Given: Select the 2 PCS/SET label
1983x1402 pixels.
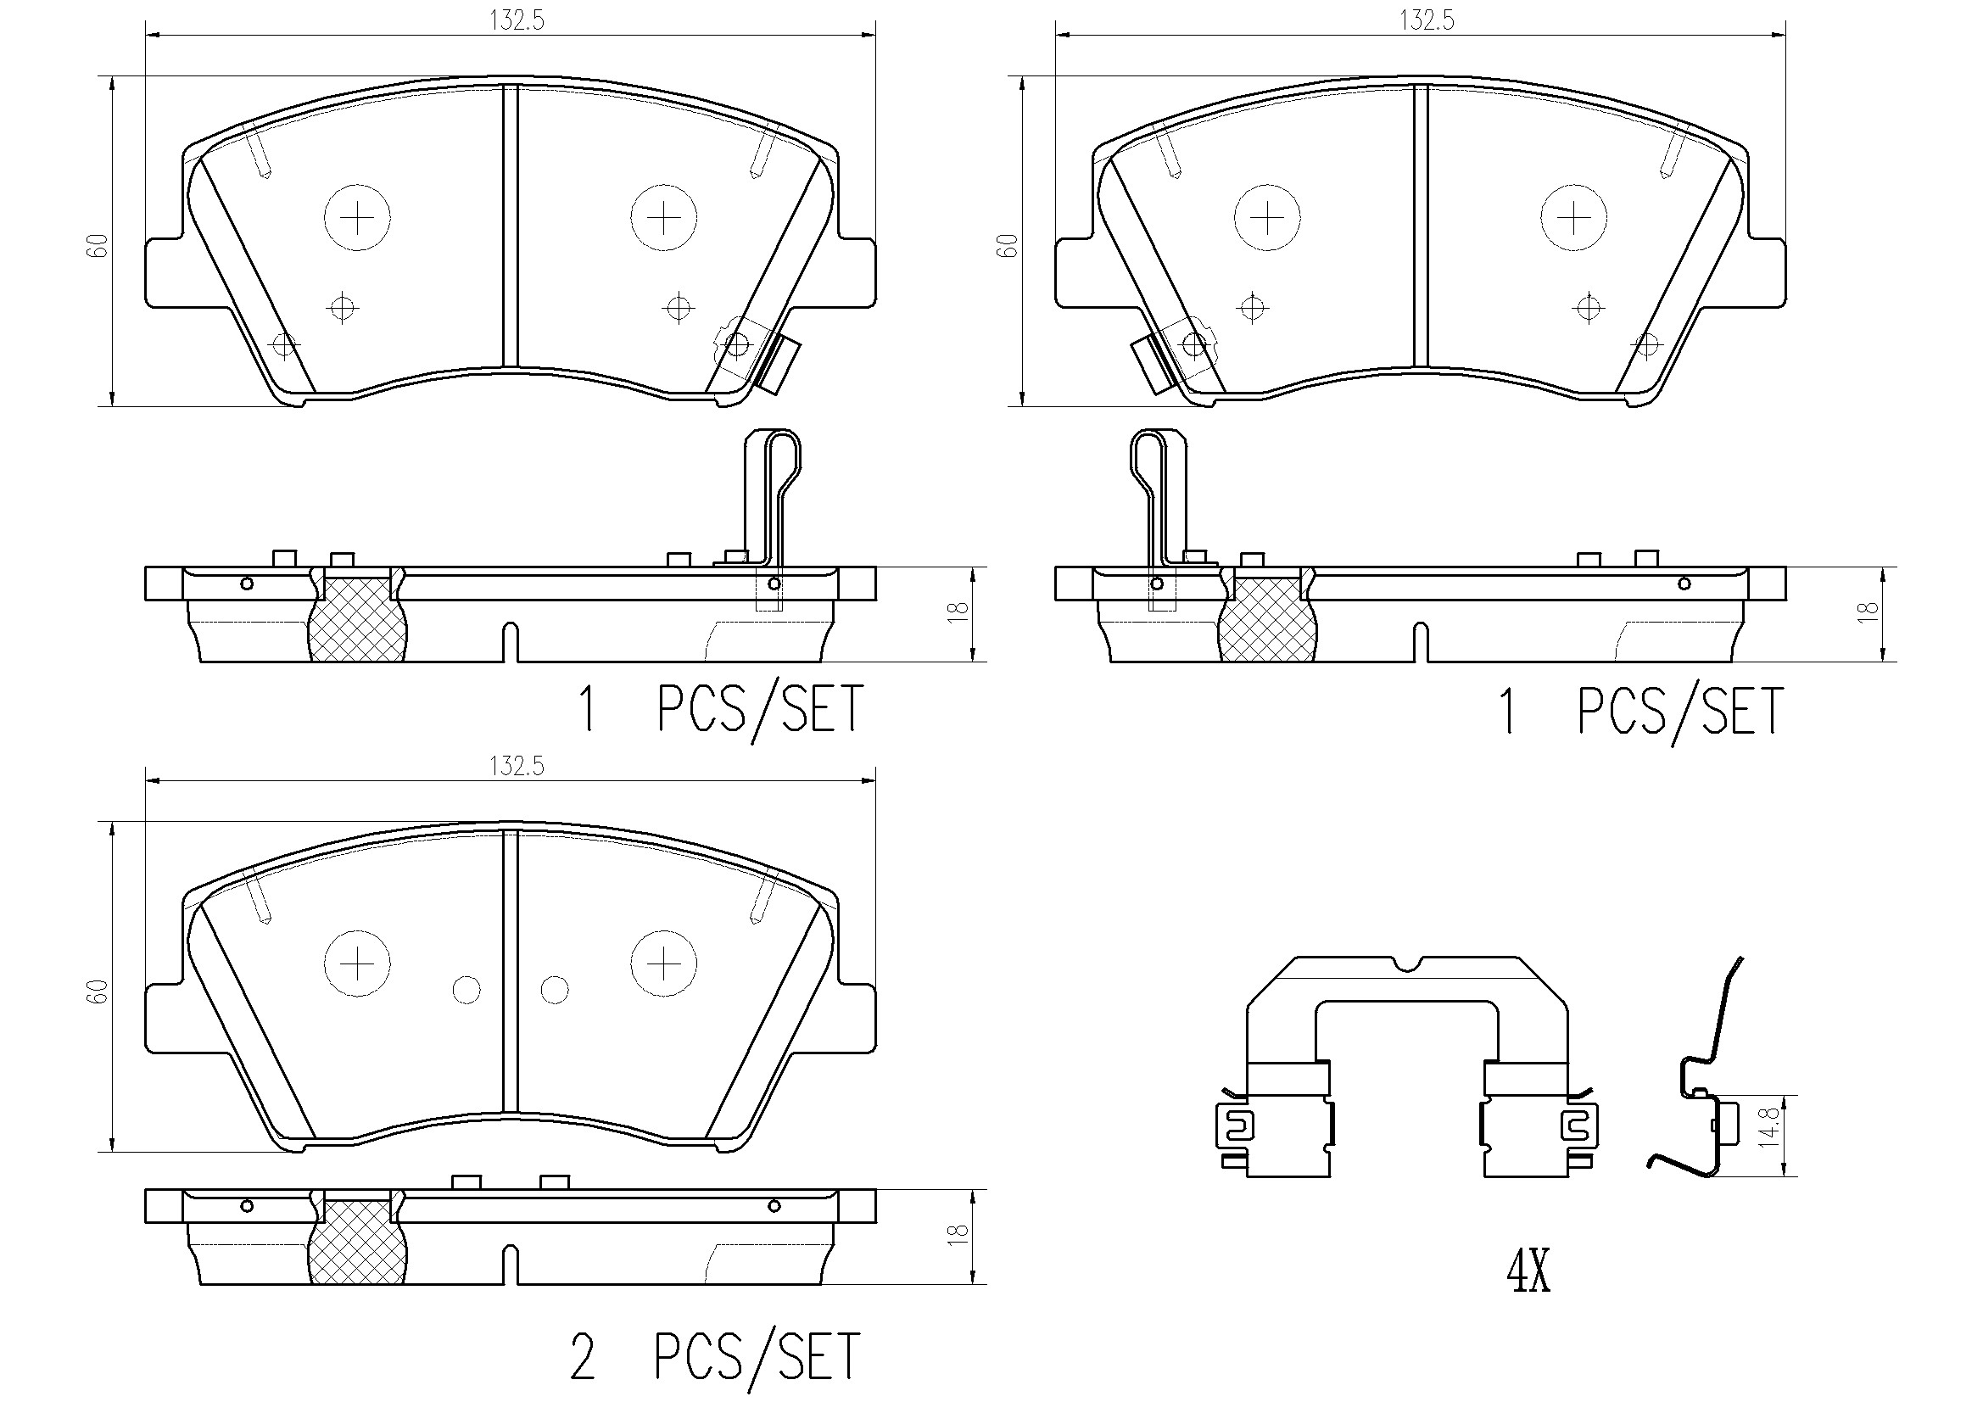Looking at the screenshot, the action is point(715,1356).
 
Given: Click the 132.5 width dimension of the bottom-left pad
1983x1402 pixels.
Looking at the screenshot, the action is point(517,766).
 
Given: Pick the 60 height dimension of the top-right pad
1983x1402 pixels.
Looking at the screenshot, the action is point(1007,245).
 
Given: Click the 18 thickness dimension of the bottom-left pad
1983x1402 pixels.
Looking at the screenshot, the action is point(958,1233).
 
